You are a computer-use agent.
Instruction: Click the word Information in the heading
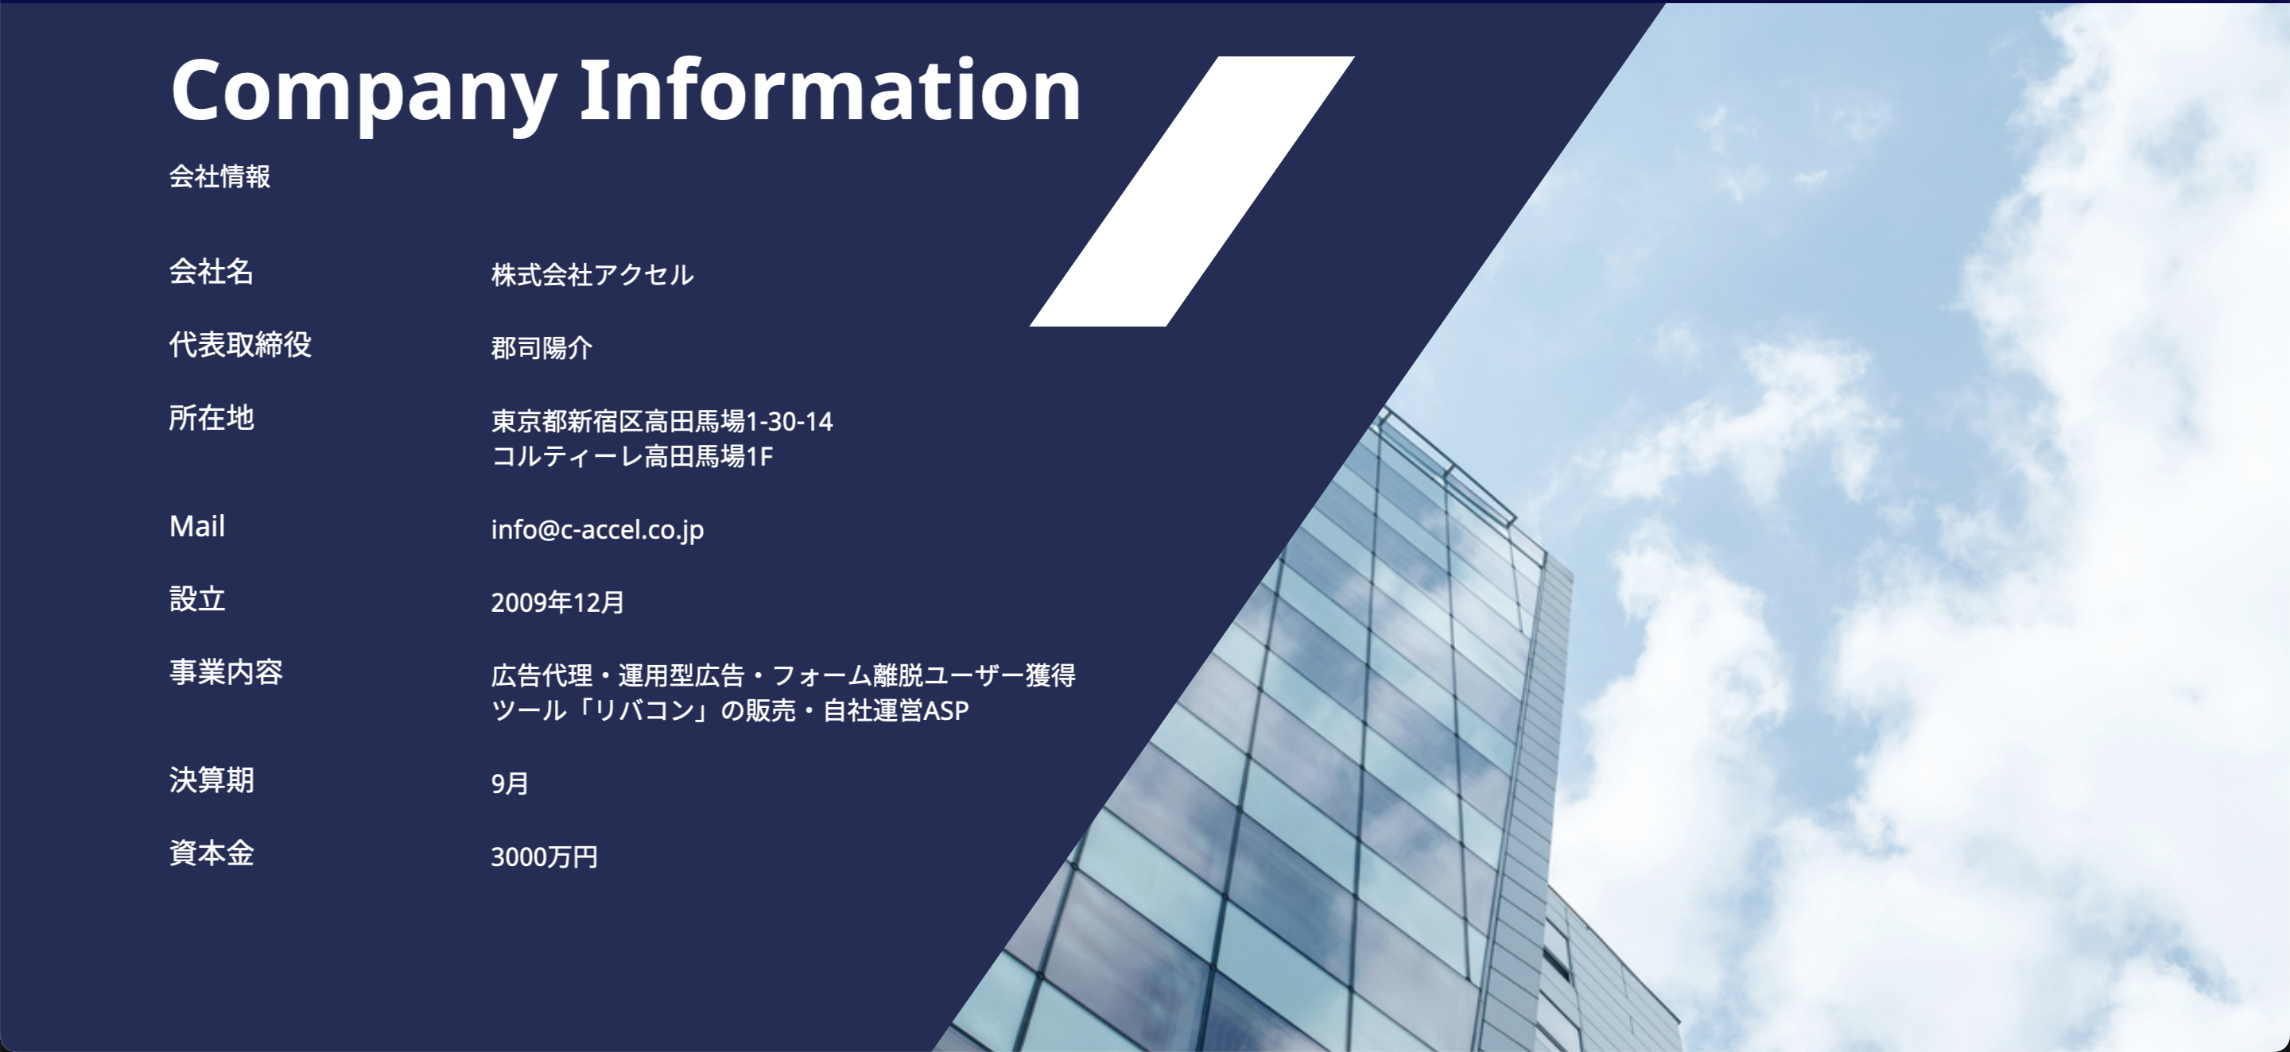pyautogui.click(x=830, y=89)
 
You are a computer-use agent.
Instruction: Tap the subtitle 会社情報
pyautogui.click(x=219, y=176)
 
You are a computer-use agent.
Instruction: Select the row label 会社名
pyautogui.click(x=212, y=271)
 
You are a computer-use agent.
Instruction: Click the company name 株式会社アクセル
pyautogui.click(x=592, y=275)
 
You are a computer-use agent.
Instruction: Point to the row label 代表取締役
pyautogui.click(x=240, y=344)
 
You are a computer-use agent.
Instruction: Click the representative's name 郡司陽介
pyautogui.click(x=541, y=347)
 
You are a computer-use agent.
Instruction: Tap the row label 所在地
pyautogui.click(x=212, y=416)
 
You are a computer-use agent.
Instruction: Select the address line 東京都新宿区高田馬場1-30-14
pyautogui.click(x=662, y=420)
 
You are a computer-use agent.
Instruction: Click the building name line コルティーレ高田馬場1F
pyautogui.click(x=632, y=456)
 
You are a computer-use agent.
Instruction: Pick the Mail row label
pyautogui.click(x=196, y=526)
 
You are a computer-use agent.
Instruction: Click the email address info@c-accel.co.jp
pyautogui.click(x=597, y=529)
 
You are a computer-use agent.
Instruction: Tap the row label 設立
pyautogui.click(x=197, y=599)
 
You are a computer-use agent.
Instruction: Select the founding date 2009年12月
pyautogui.click(x=557, y=602)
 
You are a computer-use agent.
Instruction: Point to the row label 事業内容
pyautogui.click(x=226, y=671)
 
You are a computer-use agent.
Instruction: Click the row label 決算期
pyautogui.click(x=212, y=780)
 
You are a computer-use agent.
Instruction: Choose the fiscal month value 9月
pyautogui.click(x=510, y=783)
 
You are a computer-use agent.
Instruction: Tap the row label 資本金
pyautogui.click(x=212, y=853)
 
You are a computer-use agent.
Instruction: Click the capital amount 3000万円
pyautogui.click(x=544, y=857)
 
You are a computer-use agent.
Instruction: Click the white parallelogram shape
pyautogui.click(x=1192, y=191)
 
